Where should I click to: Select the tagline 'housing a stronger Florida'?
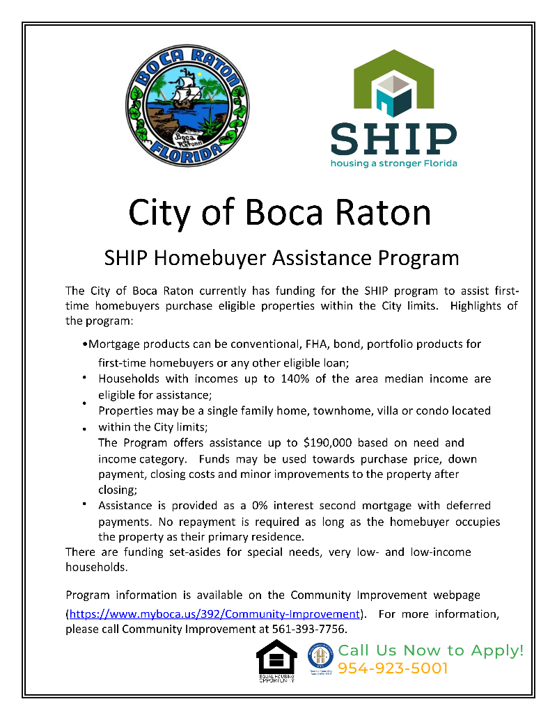pyautogui.click(x=393, y=164)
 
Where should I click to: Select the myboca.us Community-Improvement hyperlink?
pyautogui.click(x=214, y=614)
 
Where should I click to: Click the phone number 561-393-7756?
pyautogui.click(x=311, y=630)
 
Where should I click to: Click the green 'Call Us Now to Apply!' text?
pyautogui.click(x=430, y=651)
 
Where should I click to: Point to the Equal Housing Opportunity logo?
pyautogui.click(x=276, y=661)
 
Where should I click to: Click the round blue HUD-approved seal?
pyautogui.click(x=321, y=656)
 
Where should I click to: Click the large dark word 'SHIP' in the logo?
pyautogui.click(x=393, y=139)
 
